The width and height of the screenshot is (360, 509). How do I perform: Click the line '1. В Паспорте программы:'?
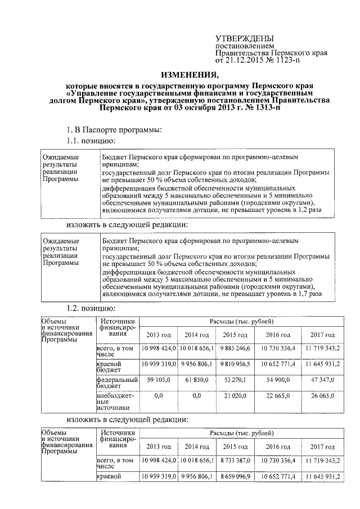(114, 130)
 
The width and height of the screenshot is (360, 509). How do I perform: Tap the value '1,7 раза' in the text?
(309, 293)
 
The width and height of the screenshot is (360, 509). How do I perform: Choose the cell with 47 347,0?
(323, 380)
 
